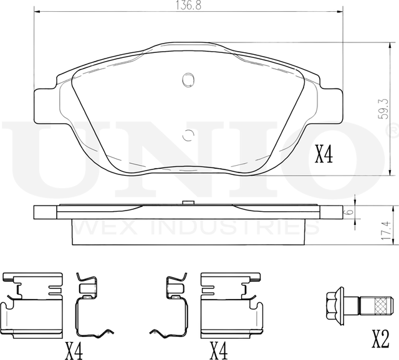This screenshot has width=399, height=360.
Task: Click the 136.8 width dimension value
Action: pos(188,5)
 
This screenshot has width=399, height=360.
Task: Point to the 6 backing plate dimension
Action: pos(368,212)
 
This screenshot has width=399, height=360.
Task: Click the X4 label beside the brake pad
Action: pos(324,154)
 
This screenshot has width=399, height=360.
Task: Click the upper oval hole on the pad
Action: pos(188,80)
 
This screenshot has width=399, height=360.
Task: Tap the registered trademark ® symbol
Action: pos(392,130)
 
